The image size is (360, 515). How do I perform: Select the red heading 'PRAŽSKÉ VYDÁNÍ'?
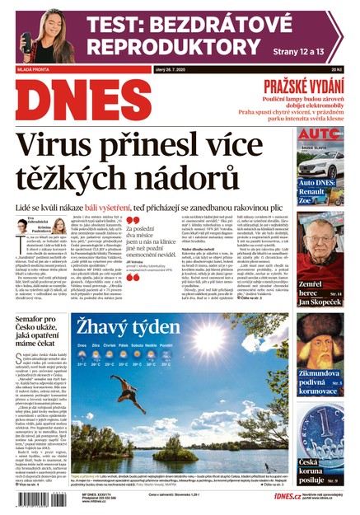pyautogui.click(x=306, y=87)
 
